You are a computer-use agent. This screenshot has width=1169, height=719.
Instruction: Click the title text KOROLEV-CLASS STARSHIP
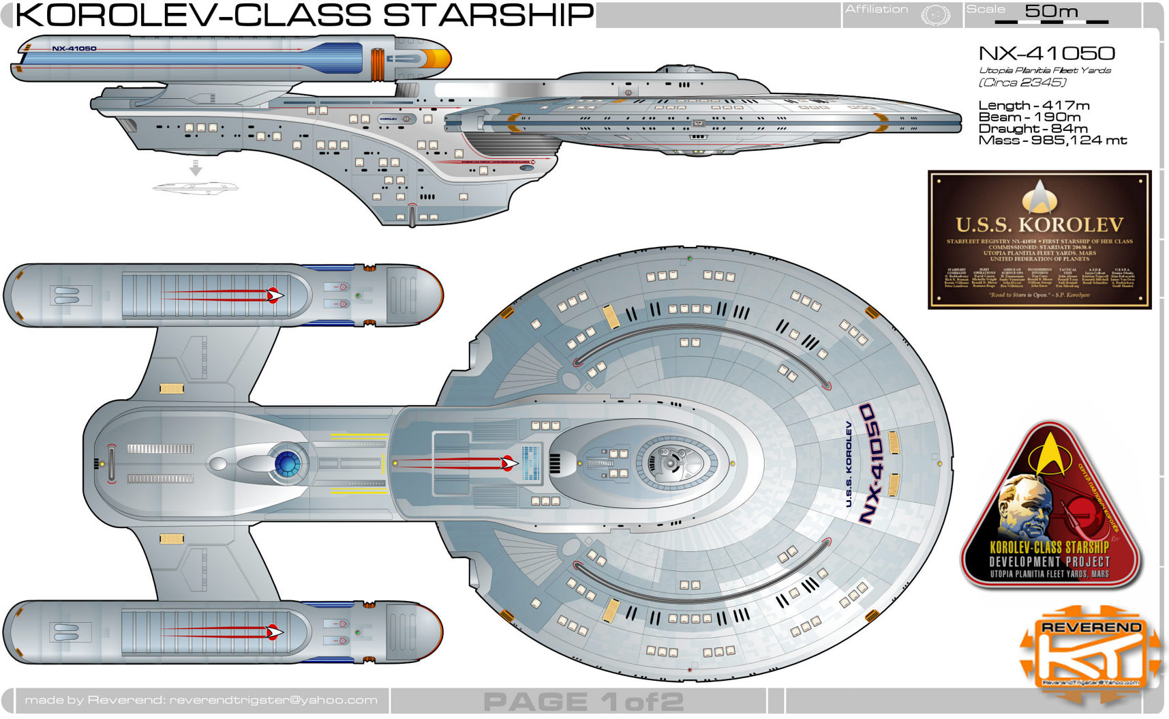click(x=304, y=15)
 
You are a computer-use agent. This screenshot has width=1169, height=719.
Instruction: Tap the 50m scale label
click(x=1051, y=11)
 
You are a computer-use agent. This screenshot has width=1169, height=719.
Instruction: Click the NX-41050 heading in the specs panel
click(x=1046, y=53)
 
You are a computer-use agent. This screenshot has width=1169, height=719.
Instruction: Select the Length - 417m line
click(x=1033, y=105)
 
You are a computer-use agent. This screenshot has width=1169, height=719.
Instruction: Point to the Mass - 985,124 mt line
click(x=1052, y=141)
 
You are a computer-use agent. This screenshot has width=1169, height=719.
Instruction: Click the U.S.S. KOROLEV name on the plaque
click(x=1039, y=224)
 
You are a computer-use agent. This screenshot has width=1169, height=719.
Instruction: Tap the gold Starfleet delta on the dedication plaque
click(x=1039, y=196)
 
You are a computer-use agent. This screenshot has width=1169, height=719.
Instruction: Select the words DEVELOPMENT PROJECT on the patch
click(x=1050, y=561)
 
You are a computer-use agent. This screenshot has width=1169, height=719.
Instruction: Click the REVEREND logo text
click(x=1091, y=627)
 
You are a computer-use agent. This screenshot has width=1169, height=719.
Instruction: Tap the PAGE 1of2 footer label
click(x=583, y=701)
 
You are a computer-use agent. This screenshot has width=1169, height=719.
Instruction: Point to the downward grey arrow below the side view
click(x=196, y=168)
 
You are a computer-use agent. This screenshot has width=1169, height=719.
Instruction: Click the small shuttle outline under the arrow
click(x=196, y=187)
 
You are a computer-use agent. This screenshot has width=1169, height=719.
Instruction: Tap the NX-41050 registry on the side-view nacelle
click(x=74, y=48)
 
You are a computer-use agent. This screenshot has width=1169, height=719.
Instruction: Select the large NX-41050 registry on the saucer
click(x=876, y=464)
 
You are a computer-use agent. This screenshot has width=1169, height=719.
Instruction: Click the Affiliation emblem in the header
click(x=935, y=14)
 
